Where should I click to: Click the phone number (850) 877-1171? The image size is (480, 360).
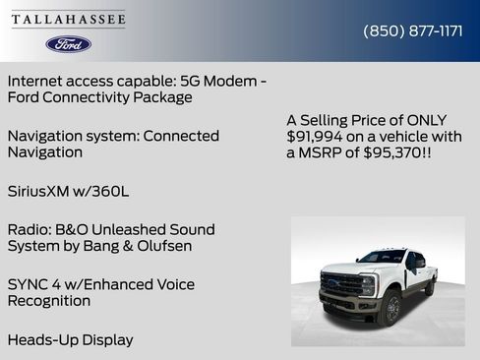(x=413, y=30)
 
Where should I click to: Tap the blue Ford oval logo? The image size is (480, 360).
(x=68, y=44)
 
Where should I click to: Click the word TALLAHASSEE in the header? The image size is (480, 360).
(x=68, y=20)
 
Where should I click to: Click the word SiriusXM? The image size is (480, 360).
(x=43, y=191)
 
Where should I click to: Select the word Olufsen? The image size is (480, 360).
(x=159, y=246)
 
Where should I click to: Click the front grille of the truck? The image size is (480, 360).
(x=340, y=285)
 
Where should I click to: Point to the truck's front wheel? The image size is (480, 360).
(x=391, y=309)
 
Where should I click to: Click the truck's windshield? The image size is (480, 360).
(x=383, y=258)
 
